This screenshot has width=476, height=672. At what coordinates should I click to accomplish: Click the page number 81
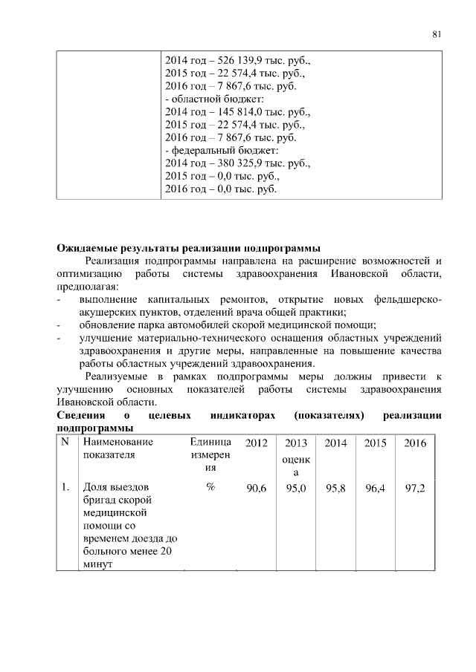(437, 33)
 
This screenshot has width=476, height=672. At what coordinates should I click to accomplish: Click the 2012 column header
(256, 443)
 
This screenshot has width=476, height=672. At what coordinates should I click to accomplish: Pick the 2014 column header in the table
(336, 443)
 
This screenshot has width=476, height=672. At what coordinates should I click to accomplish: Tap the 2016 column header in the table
(414, 443)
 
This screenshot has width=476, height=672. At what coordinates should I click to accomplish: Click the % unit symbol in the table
(210, 487)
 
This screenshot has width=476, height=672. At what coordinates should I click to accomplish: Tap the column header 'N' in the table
(65, 443)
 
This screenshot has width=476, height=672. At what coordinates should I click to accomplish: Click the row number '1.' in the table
(66, 487)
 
